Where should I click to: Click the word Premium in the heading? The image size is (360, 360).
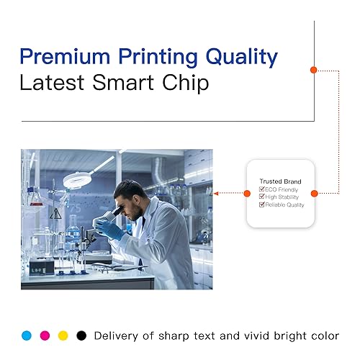(65, 56)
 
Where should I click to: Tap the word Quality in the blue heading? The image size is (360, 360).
(242, 58)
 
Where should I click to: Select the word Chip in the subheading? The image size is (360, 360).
(185, 83)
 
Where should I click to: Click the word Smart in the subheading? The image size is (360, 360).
(123, 82)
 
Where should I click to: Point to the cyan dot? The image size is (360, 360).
(27, 336)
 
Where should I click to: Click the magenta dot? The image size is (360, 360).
(45, 336)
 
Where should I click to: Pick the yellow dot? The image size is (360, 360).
(63, 336)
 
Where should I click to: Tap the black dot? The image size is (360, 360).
(81, 336)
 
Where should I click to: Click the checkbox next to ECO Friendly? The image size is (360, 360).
(261, 189)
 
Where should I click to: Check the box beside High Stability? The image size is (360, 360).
(261, 197)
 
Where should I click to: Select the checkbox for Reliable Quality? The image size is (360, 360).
(261, 204)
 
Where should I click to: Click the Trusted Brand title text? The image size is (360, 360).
(280, 181)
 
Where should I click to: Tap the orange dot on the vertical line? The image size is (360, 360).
(314, 70)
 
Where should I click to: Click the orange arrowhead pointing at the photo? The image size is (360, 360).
(216, 194)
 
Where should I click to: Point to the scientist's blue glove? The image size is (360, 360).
(109, 228)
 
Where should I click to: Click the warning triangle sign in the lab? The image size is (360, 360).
(55, 214)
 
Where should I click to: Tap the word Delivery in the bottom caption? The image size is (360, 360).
(116, 336)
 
